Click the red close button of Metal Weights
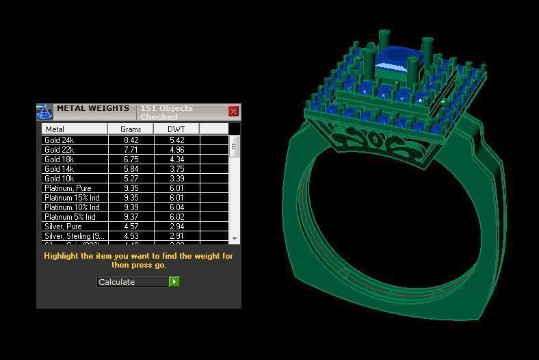[x=233, y=112]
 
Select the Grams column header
[x=131, y=129]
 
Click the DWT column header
[x=176, y=129]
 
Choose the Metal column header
[x=75, y=129]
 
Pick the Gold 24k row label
[x=60, y=140]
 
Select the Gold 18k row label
[x=60, y=159]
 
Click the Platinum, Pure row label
[x=68, y=188]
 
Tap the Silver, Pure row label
[x=63, y=227]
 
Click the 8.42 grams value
[x=131, y=140]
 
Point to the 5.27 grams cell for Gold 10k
[x=131, y=179]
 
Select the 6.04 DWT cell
[x=176, y=207]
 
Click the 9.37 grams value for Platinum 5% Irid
[x=131, y=217]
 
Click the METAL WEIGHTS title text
[x=93, y=109]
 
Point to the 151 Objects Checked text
[x=167, y=112]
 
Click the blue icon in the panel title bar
[x=44, y=112]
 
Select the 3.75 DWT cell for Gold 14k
[x=176, y=169]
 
